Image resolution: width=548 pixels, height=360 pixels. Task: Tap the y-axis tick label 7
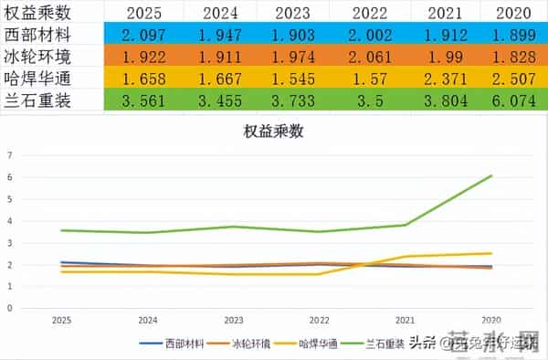point(10,154)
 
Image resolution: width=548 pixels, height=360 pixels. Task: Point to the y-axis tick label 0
point(10,308)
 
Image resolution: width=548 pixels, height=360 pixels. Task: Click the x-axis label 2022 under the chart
point(319,321)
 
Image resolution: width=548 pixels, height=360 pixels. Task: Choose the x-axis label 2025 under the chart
point(61,321)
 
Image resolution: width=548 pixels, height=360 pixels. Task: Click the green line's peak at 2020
point(491,175)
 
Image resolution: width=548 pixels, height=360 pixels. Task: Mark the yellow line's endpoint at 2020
point(491,253)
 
